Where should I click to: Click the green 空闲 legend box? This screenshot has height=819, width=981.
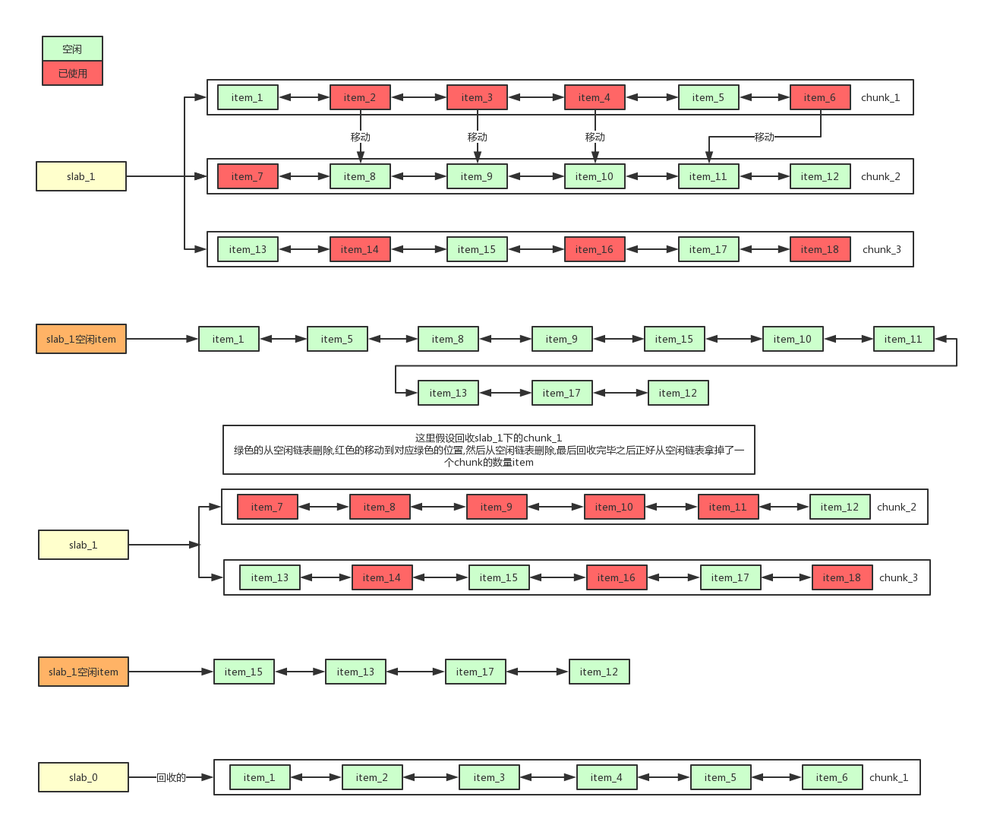pyautogui.click(x=72, y=49)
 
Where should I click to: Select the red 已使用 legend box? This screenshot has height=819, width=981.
pyautogui.click(x=72, y=73)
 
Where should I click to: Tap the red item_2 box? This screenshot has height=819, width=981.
pyautogui.click(x=360, y=97)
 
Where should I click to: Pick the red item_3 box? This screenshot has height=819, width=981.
pyautogui.click(x=477, y=97)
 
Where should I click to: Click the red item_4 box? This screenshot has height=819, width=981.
pyautogui.click(x=595, y=97)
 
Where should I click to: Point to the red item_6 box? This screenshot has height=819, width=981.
pyautogui.click(x=820, y=97)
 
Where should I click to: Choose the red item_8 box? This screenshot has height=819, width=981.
pyautogui.click(x=380, y=507)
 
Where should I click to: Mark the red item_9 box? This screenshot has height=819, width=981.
pyautogui.click(x=497, y=507)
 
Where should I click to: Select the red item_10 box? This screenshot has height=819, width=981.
pyautogui.click(x=614, y=507)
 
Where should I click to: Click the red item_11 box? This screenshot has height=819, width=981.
pyautogui.click(x=728, y=507)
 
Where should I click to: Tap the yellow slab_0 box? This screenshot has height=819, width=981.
pyautogui.click(x=84, y=777)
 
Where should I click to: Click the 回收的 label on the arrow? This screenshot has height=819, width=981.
pyautogui.click(x=171, y=777)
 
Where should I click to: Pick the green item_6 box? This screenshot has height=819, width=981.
pyautogui.click(x=832, y=777)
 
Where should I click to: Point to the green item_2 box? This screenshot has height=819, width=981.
pyautogui.click(x=372, y=777)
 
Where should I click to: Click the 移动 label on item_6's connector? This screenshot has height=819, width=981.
pyautogui.click(x=765, y=137)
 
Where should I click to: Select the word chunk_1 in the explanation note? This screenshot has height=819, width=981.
pyautogui.click(x=542, y=438)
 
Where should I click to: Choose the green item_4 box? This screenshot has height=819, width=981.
pyautogui.click(x=607, y=777)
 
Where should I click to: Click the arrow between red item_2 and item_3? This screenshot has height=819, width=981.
pyautogui.click(x=418, y=97)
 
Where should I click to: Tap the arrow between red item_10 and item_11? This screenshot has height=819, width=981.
pyautogui.click(x=671, y=507)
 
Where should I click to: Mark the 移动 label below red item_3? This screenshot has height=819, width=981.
pyautogui.click(x=477, y=137)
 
